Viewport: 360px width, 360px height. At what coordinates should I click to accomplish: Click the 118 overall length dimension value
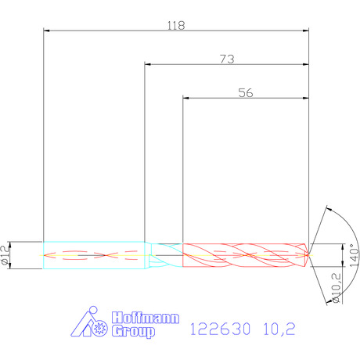click(x=176, y=26)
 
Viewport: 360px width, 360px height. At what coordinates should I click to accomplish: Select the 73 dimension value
click(x=227, y=59)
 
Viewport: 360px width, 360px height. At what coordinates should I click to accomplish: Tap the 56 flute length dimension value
click(x=246, y=93)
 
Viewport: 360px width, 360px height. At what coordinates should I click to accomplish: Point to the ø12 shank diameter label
click(x=5, y=255)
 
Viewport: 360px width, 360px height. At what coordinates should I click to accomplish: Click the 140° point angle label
click(x=355, y=255)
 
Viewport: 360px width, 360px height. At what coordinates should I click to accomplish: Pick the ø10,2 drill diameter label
click(x=336, y=288)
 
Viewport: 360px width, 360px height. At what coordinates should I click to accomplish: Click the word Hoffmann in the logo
click(x=146, y=318)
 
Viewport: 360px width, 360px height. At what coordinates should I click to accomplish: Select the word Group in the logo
click(x=133, y=331)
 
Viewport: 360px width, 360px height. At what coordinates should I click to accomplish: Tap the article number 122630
click(x=220, y=329)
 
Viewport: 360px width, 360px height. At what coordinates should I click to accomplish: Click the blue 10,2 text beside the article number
click(x=279, y=329)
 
